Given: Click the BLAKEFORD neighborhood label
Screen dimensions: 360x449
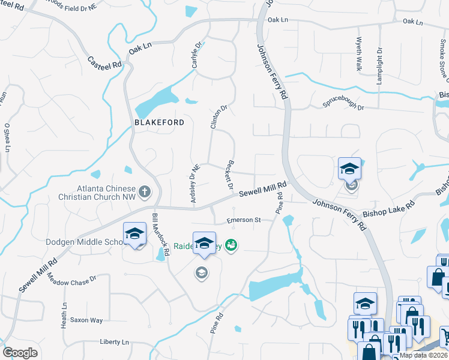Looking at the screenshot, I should (x=158, y=121).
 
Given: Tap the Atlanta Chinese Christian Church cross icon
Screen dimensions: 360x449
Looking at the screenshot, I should (x=144, y=192).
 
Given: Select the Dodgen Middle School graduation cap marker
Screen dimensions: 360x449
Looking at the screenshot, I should (x=135, y=235).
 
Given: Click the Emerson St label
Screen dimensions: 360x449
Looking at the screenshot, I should (x=244, y=220).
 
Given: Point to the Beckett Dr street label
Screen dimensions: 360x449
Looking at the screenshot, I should (x=229, y=175).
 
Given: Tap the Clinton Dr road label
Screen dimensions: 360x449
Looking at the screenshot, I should (x=218, y=118).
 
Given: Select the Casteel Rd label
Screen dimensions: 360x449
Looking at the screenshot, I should (x=104, y=62).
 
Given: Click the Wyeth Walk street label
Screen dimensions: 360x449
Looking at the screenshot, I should (x=358, y=55).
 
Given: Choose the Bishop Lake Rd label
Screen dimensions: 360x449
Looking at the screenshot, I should (x=393, y=209).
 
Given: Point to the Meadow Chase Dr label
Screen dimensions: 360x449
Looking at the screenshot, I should (x=71, y=279).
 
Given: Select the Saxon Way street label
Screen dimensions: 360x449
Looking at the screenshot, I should (x=86, y=320).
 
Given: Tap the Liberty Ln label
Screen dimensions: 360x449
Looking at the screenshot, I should (x=114, y=342).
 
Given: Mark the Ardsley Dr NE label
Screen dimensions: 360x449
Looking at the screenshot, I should (x=194, y=184).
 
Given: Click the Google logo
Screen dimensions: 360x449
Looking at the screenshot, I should (x=20, y=353).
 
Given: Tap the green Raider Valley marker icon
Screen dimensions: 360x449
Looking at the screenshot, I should (x=231, y=245).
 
